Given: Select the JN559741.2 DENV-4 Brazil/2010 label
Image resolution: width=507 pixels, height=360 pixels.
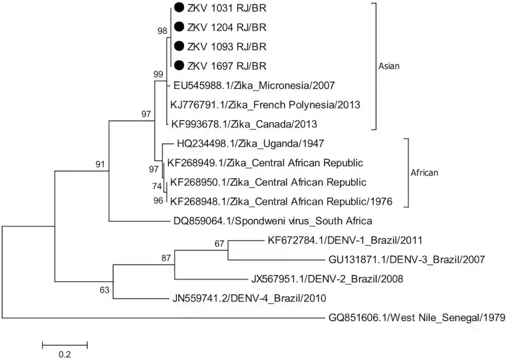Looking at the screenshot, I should tap(253, 298).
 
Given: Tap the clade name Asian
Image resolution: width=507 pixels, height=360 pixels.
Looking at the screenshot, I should tap(389, 66).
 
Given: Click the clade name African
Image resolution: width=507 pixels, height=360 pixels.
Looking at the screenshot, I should tap(425, 173).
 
